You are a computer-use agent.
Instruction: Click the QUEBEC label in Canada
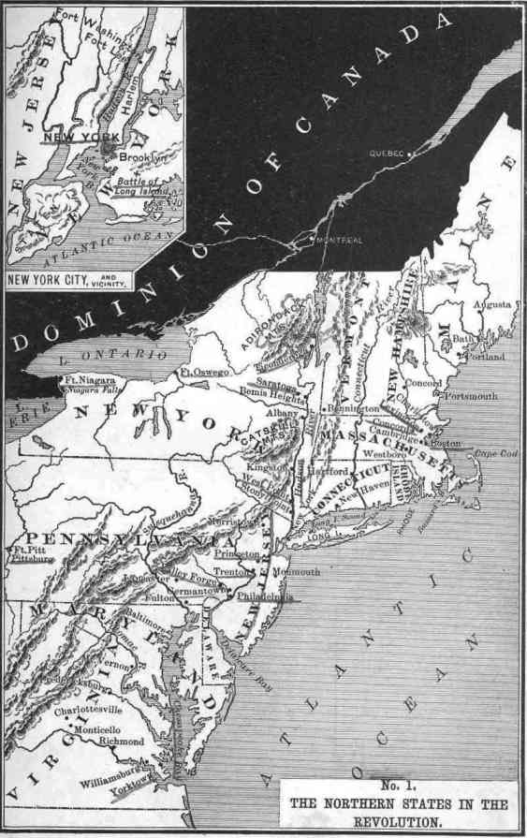(385, 153)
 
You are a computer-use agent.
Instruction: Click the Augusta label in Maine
(493, 305)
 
